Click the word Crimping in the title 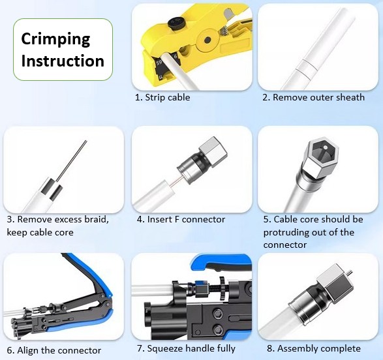click(55, 39)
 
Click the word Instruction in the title click(63, 61)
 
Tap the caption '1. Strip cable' click(162, 97)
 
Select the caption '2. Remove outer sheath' click(314, 97)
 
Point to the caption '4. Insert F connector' click(181, 219)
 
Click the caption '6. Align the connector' click(54, 350)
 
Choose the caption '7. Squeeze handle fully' click(186, 348)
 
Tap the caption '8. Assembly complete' click(314, 348)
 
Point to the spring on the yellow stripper click(223, 31)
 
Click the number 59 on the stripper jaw click(159, 63)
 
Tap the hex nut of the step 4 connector click(213, 152)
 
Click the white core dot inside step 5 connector click(325, 147)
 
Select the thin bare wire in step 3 click(71, 160)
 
